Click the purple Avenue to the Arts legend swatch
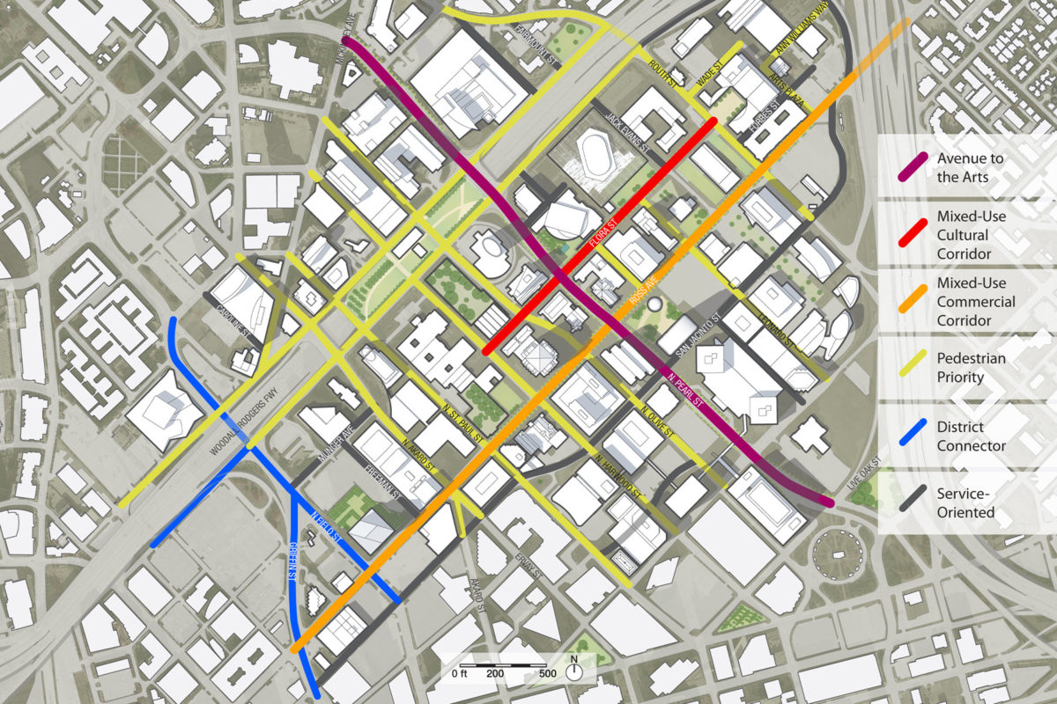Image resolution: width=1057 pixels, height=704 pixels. (x=910, y=167)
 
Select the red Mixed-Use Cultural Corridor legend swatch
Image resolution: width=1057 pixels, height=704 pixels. (x=910, y=234)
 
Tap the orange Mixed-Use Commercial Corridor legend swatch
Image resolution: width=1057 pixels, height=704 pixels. (x=910, y=302)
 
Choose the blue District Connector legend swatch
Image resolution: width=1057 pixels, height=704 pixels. (x=910, y=436)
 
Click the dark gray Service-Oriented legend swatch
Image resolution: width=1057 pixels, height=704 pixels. (x=910, y=502)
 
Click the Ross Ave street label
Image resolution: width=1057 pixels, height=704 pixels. (x=645, y=297)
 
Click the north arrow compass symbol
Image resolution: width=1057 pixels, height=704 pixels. (x=574, y=671)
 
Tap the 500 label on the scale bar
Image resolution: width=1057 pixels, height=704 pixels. (x=547, y=674)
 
